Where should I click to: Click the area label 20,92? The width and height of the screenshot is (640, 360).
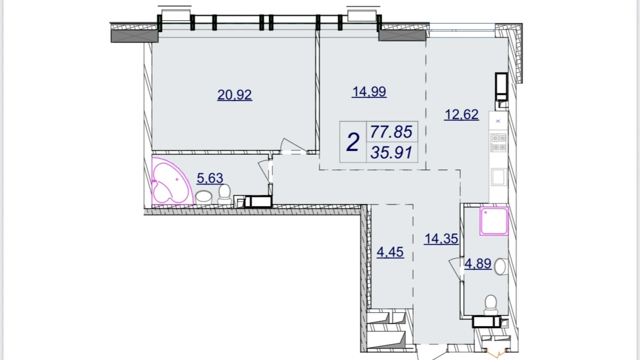click(x=235, y=95)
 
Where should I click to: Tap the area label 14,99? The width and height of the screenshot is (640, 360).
click(x=369, y=92)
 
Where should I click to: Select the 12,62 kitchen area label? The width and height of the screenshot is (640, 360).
click(x=461, y=114)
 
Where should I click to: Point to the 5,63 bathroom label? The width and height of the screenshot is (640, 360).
click(x=210, y=178)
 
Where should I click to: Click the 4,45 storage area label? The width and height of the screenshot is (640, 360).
click(x=390, y=252)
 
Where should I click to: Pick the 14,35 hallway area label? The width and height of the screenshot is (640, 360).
click(x=441, y=239)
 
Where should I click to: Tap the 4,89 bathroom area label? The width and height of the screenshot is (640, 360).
click(x=478, y=264)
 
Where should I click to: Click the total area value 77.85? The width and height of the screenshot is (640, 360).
click(x=391, y=132)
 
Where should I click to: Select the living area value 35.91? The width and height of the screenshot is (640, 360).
click(x=391, y=153)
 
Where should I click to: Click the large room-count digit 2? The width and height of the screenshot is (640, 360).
click(x=353, y=142)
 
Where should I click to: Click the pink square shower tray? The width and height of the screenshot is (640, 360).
click(x=494, y=221)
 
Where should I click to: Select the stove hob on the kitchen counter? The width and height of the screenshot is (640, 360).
click(x=499, y=143)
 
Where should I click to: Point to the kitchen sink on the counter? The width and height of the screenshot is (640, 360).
click(x=499, y=177)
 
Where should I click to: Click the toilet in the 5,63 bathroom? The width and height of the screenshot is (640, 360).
click(x=225, y=195)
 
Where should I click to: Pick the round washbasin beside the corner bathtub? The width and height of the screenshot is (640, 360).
click(x=204, y=197)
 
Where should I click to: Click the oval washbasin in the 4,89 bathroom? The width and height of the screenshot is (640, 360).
click(x=500, y=267)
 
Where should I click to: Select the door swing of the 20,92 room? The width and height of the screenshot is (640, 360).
click(x=293, y=145)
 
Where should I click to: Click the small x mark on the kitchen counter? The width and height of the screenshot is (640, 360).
click(x=498, y=121)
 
